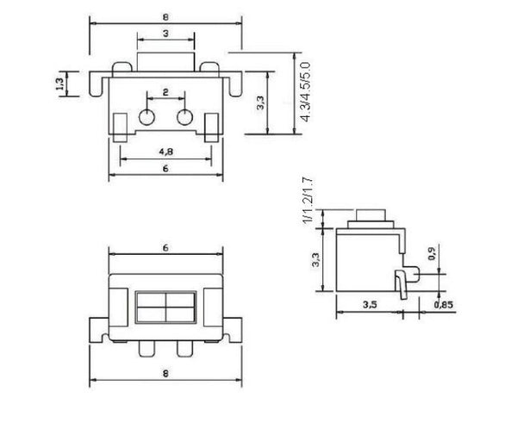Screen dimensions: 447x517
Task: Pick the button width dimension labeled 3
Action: tap(165, 33)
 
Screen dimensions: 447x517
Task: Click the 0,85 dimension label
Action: tap(443, 304)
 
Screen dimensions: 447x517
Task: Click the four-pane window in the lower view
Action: tap(165, 308)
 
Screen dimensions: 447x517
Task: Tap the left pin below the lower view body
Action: tap(146, 351)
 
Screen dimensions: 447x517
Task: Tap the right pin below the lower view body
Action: tap(183, 351)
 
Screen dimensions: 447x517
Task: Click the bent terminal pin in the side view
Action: tap(401, 282)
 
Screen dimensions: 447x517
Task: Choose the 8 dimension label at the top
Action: tap(165, 15)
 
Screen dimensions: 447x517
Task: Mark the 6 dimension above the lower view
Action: tap(164, 247)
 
